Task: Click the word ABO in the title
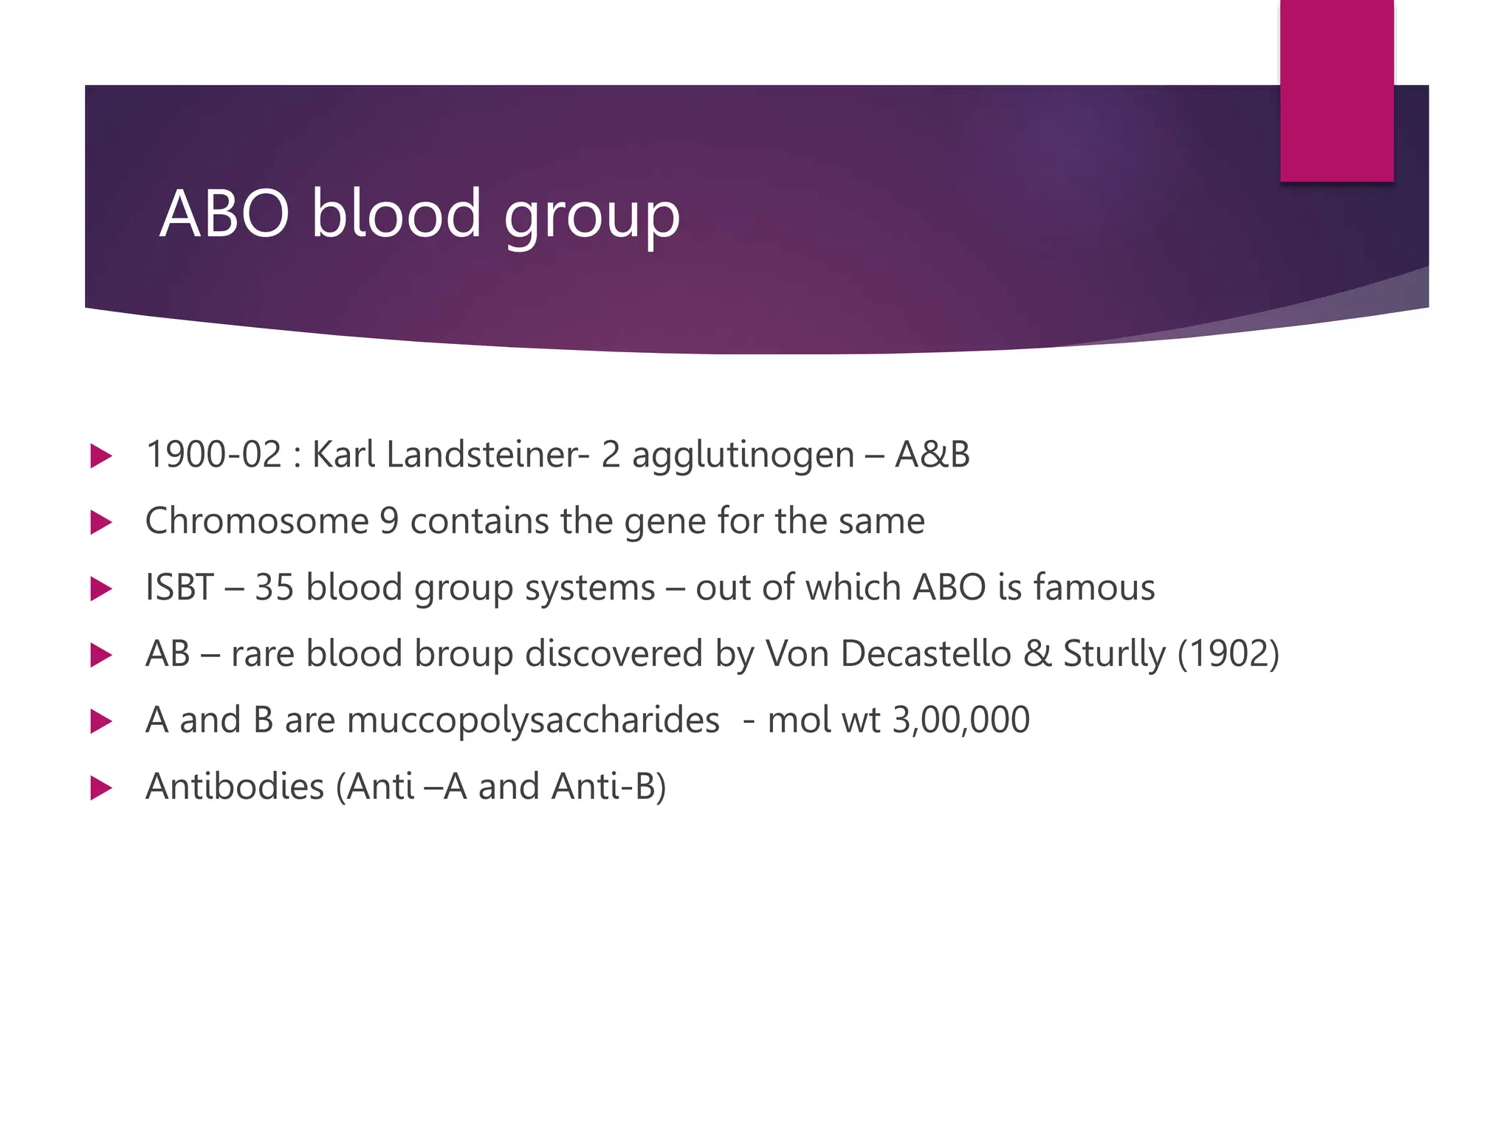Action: pos(224,214)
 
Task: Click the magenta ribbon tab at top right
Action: pos(1336,90)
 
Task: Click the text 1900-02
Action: pos(214,454)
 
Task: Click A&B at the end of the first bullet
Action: pos(932,454)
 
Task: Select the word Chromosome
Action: pos(257,521)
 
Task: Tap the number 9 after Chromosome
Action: pos(389,521)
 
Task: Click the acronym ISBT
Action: pos(179,588)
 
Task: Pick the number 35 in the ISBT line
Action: pos(274,588)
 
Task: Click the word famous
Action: pos(1093,588)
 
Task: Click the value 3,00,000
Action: pos(961,721)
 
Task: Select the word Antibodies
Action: pos(235,787)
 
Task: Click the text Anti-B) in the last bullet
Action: pos(608,787)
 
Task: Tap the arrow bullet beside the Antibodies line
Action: pos(100,788)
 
